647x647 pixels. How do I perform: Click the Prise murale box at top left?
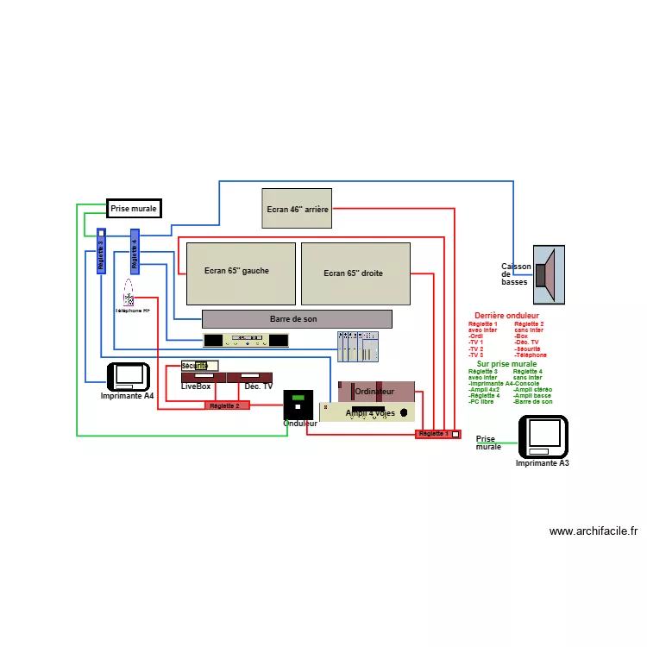(134, 209)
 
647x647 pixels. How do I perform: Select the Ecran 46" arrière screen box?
(297, 208)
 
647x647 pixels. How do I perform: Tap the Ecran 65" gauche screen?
(236, 273)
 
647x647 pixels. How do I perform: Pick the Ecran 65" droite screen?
(355, 273)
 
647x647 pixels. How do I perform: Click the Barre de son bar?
(297, 319)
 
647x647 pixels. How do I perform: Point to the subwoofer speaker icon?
(548, 274)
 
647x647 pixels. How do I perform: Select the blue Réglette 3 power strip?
(101, 251)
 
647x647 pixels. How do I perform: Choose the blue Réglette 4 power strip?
(135, 251)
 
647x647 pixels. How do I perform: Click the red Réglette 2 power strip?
(227, 405)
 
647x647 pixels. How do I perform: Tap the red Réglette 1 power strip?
(437, 434)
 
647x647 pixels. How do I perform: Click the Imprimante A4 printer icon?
(129, 376)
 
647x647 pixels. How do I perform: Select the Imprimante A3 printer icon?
(543, 437)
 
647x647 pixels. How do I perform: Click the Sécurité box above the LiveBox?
(199, 366)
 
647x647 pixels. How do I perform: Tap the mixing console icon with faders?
(357, 347)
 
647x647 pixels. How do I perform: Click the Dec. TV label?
(258, 386)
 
